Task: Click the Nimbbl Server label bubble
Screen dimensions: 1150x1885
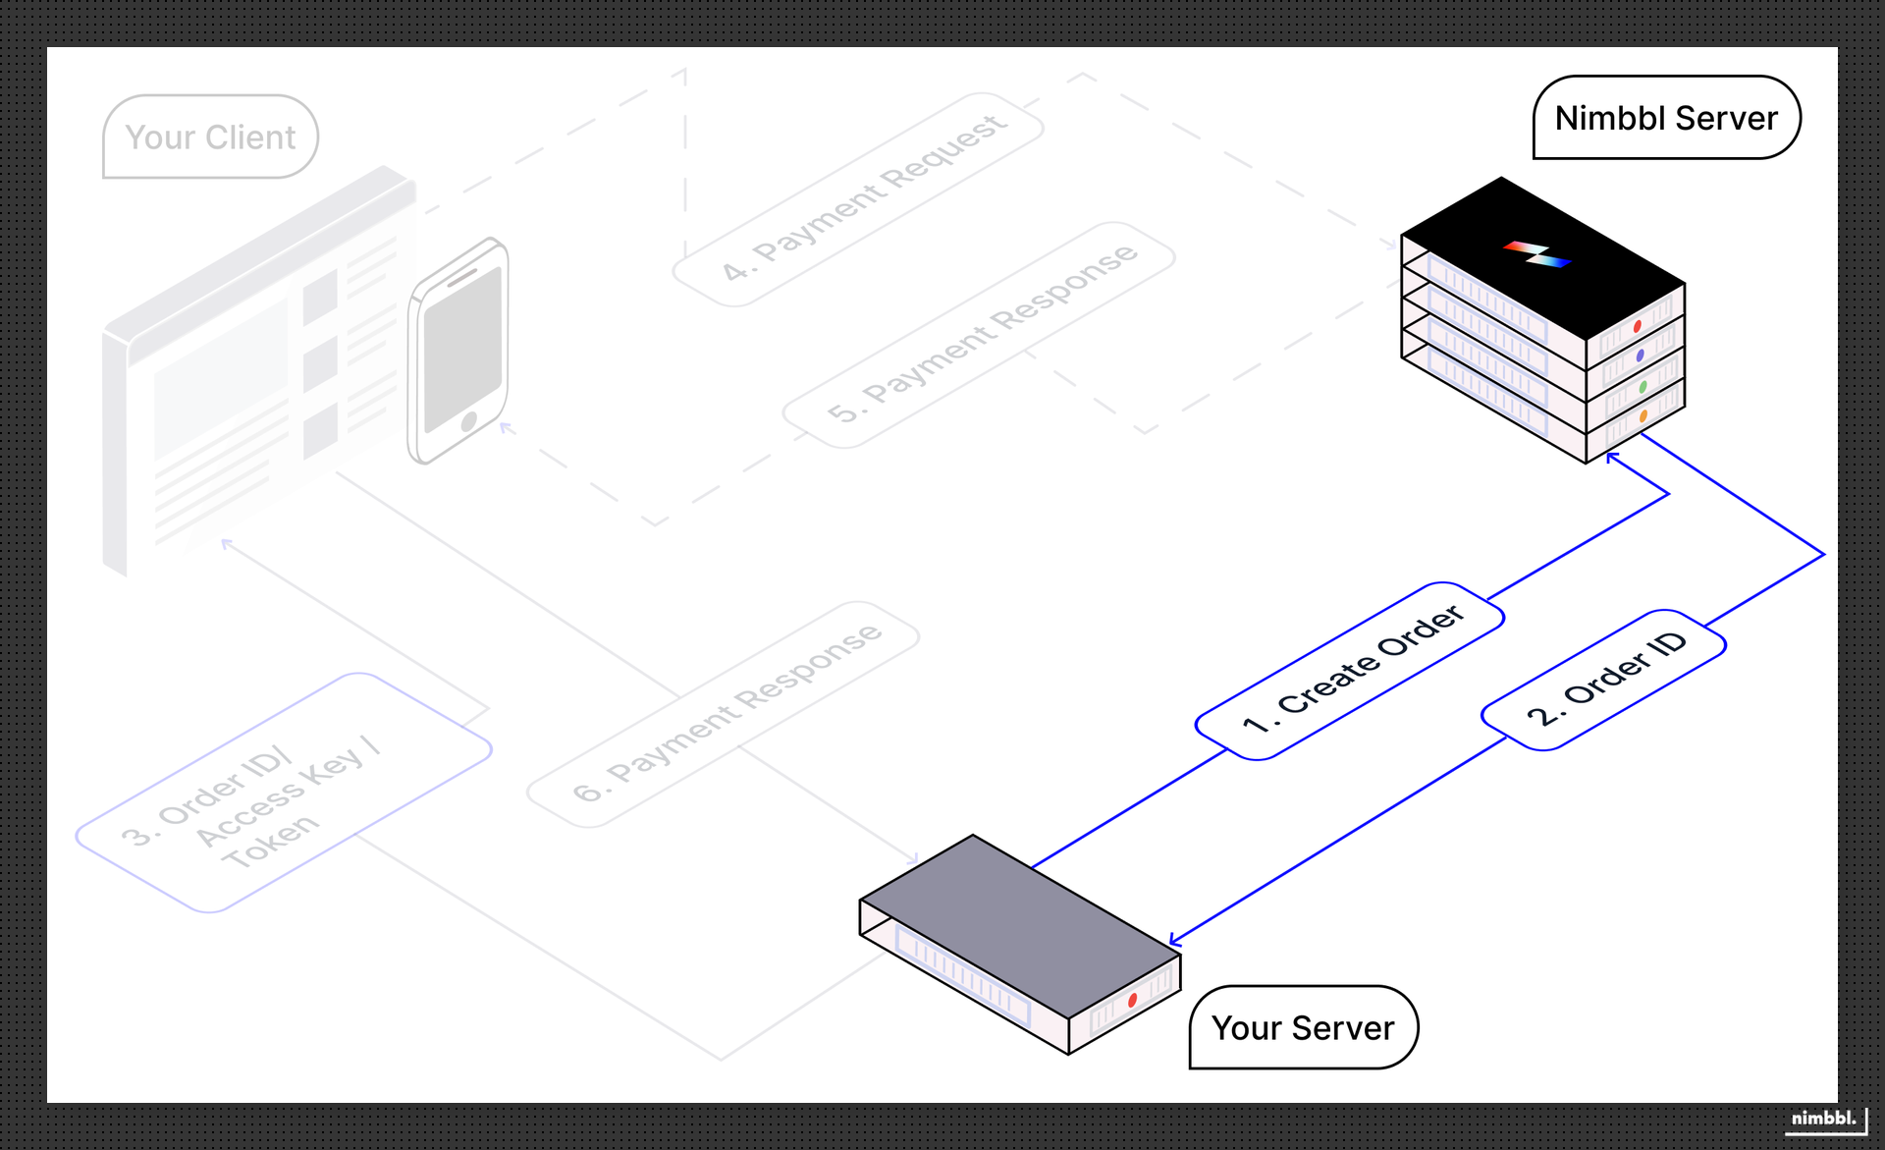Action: point(1666,118)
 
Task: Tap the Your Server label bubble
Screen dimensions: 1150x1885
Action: point(1303,1027)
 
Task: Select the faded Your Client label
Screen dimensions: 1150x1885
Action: point(210,137)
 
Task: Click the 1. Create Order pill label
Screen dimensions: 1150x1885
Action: point(1350,671)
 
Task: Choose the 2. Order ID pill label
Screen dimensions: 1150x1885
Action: point(1604,680)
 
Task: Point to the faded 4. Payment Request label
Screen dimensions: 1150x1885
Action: point(859,199)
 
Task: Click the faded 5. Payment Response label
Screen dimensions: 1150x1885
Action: point(979,335)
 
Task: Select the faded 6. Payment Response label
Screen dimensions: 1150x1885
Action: point(724,714)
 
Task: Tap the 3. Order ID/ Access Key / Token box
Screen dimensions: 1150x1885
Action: point(283,793)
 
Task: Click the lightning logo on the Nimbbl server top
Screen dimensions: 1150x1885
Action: point(1537,254)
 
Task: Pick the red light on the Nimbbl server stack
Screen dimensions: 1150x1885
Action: point(1637,326)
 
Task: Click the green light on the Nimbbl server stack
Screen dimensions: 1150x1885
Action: point(1643,387)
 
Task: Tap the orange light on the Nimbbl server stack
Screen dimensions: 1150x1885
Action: point(1643,417)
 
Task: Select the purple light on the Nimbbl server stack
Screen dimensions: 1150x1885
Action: point(1640,356)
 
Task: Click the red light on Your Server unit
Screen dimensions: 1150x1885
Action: point(1132,1000)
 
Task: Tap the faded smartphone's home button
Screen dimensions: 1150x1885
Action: point(469,421)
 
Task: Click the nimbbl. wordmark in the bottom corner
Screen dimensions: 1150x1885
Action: point(1823,1118)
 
